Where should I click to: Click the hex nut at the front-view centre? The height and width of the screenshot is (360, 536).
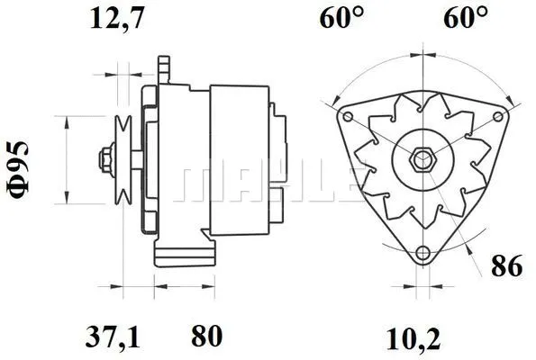tap(421, 159)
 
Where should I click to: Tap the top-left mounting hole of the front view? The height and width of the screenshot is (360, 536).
tap(347, 117)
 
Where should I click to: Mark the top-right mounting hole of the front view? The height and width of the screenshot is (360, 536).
tap(495, 117)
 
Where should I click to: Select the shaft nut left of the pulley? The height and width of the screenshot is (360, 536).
tap(104, 159)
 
